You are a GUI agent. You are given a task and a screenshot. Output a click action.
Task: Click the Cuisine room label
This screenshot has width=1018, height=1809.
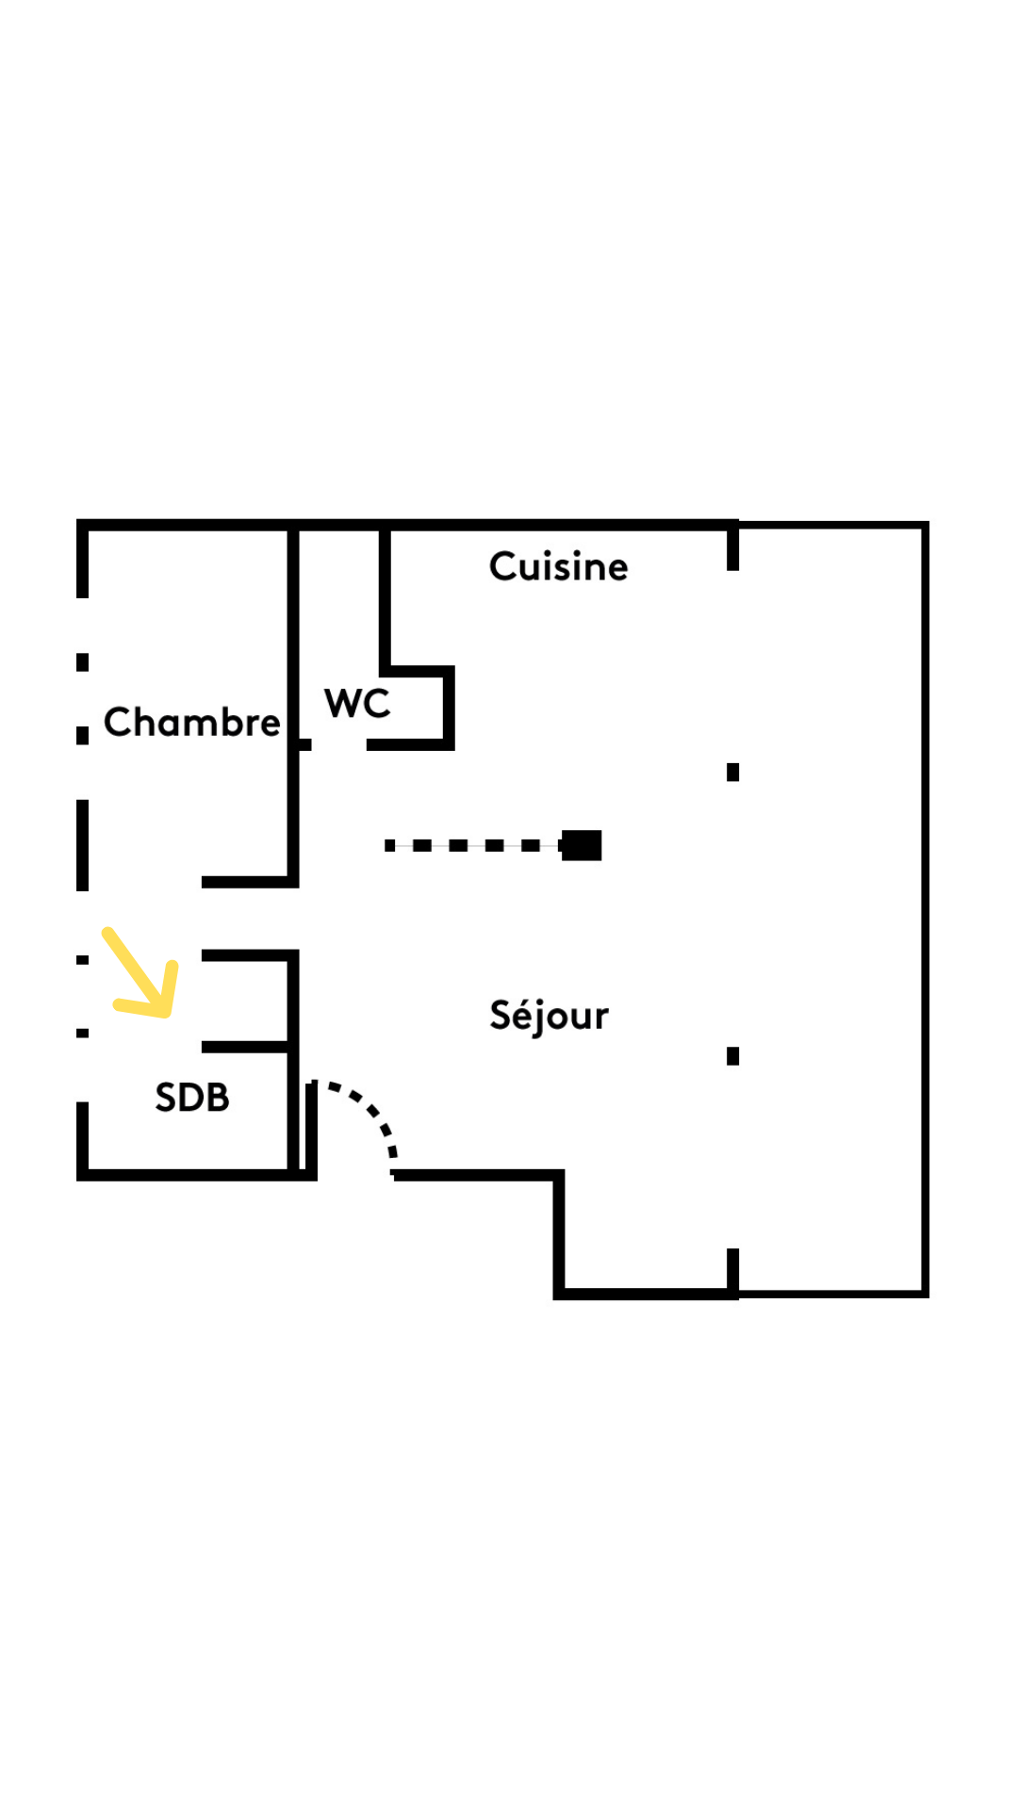click(558, 566)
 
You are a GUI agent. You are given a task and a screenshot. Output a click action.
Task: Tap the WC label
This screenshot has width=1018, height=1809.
click(357, 703)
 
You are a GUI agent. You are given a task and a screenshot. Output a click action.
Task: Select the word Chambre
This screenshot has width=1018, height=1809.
click(192, 722)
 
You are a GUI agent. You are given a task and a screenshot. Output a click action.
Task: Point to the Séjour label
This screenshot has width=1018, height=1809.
click(549, 1017)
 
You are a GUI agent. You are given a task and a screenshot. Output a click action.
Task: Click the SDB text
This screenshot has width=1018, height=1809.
click(192, 1098)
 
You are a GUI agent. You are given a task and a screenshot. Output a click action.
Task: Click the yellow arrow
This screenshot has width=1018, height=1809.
click(140, 972)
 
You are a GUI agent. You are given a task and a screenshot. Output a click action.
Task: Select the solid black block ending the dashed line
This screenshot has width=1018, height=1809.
click(581, 845)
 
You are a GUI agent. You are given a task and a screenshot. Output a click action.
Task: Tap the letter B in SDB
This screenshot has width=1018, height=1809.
click(219, 1098)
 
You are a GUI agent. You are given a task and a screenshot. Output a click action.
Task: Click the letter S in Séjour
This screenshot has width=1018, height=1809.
click(501, 1015)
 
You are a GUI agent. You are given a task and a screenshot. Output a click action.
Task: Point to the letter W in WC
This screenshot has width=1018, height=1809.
click(342, 703)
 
